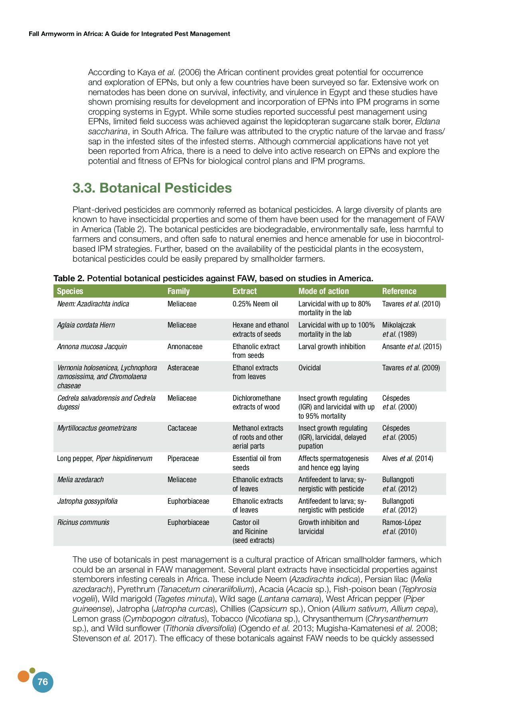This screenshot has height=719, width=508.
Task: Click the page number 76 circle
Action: click(43, 682)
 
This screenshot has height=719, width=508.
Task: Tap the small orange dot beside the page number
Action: click(24, 676)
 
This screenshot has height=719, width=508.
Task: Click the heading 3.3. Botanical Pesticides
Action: click(152, 188)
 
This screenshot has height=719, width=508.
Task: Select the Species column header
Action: click(70, 291)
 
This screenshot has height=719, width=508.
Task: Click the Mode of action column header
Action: click(323, 291)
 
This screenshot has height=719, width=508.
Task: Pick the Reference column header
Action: click(399, 291)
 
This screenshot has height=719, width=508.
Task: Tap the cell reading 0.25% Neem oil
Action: click(255, 304)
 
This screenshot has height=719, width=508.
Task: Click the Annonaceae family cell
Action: click(185, 347)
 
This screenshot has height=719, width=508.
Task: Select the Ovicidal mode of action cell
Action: click(309, 368)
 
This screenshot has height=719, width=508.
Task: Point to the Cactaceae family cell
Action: click(182, 428)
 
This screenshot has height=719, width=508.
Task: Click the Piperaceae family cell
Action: click(183, 459)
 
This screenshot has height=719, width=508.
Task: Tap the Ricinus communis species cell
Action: click(83, 522)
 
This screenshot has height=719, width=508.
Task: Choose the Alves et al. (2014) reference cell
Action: click(407, 459)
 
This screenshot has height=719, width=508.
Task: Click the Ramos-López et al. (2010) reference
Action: click(401, 527)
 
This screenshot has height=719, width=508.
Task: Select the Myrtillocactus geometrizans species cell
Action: click(97, 428)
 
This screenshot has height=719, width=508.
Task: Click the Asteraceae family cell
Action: click(183, 368)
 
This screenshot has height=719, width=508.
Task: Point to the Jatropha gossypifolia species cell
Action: click(87, 501)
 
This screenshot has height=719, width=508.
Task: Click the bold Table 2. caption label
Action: click(69, 278)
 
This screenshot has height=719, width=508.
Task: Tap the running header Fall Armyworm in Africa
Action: click(129, 34)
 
